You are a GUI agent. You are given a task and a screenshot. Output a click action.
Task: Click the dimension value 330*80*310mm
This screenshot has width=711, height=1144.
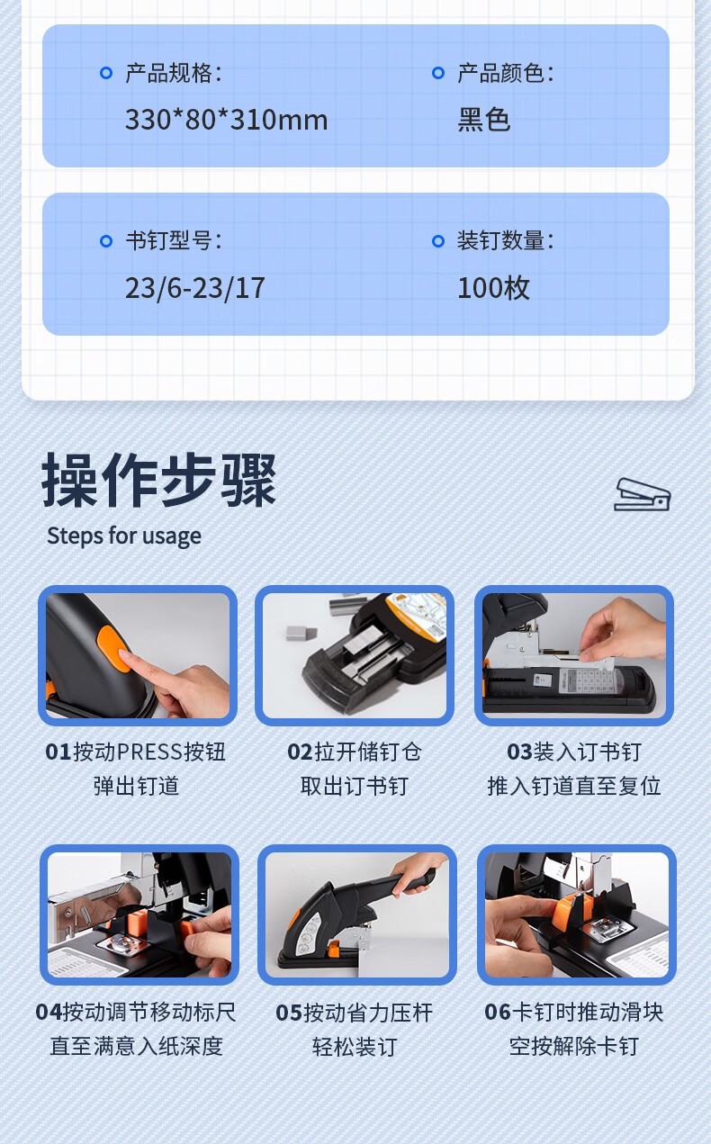pos(226,120)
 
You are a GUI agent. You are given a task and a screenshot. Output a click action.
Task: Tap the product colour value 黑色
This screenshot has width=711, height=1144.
pos(483,120)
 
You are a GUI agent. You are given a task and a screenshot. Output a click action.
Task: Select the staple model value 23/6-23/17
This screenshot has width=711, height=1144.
pos(195,288)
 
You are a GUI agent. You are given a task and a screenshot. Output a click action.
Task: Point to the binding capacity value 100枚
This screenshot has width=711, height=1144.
pos(493,288)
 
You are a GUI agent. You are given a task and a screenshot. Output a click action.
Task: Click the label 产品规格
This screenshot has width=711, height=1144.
pos(168,73)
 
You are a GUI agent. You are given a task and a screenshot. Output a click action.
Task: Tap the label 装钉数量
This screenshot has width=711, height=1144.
pos(500,240)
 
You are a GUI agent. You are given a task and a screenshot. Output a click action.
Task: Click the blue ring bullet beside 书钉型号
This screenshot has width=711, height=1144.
pos(106,241)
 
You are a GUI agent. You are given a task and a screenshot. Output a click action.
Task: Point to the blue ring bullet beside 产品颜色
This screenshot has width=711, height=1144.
pos(438,73)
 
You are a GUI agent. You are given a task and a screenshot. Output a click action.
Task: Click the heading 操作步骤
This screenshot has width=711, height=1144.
pos(159,480)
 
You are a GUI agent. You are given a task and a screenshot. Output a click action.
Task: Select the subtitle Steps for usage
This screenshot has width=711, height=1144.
pos(124,536)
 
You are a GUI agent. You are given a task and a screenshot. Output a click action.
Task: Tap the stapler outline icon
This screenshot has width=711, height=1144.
pos(642,494)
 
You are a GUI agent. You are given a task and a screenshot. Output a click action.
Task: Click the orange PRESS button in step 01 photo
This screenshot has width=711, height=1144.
pos(113,648)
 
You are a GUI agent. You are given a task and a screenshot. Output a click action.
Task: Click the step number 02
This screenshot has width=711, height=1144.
pos(300,752)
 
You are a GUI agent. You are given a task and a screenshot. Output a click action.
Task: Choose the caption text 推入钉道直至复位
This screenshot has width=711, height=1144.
pos(574,786)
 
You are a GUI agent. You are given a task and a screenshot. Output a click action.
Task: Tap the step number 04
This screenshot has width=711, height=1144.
pos(49,1013)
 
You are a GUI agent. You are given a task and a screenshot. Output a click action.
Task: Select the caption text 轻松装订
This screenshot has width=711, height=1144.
pos(355,1047)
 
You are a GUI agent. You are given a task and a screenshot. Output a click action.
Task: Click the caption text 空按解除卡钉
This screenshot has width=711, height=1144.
pos(574,1047)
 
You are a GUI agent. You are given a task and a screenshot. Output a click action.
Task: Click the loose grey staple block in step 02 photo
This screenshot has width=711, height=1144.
pos(301,634)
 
